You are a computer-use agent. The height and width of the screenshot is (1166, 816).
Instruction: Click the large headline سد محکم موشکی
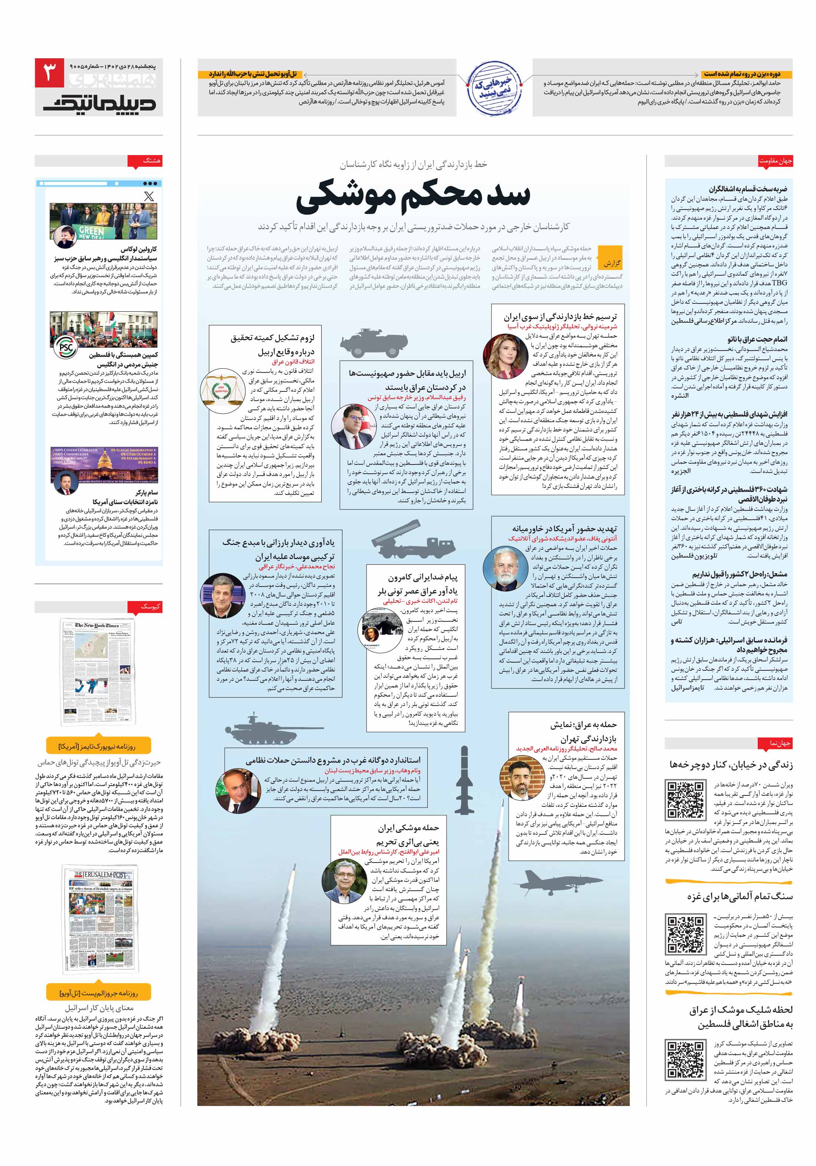click(x=412, y=196)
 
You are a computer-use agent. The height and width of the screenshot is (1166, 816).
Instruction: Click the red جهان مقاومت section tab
click(x=775, y=161)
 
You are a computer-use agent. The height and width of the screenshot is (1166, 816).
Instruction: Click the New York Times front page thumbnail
click(x=98, y=672)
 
